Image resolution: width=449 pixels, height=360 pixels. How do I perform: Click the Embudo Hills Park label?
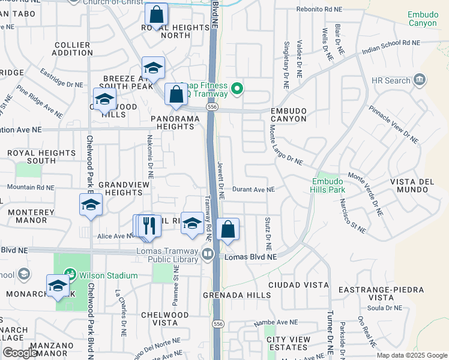pos(328,185)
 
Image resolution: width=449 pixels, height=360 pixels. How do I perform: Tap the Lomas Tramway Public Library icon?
pos(207,254)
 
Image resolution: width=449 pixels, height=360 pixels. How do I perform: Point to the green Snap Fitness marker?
pos(237,89)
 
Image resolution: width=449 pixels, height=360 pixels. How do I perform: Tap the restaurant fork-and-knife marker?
pos(149,226)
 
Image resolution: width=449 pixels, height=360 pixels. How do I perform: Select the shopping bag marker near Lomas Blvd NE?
pos(228,229)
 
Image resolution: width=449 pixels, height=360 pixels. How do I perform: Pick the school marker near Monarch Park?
pos(58,285)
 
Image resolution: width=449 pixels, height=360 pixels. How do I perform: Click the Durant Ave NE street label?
pos(254,190)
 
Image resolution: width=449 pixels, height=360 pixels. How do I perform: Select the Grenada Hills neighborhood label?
pos(229,295)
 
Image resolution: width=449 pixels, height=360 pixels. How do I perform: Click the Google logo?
pos(19,353)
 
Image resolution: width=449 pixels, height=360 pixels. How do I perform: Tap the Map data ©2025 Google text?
pos(412,355)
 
